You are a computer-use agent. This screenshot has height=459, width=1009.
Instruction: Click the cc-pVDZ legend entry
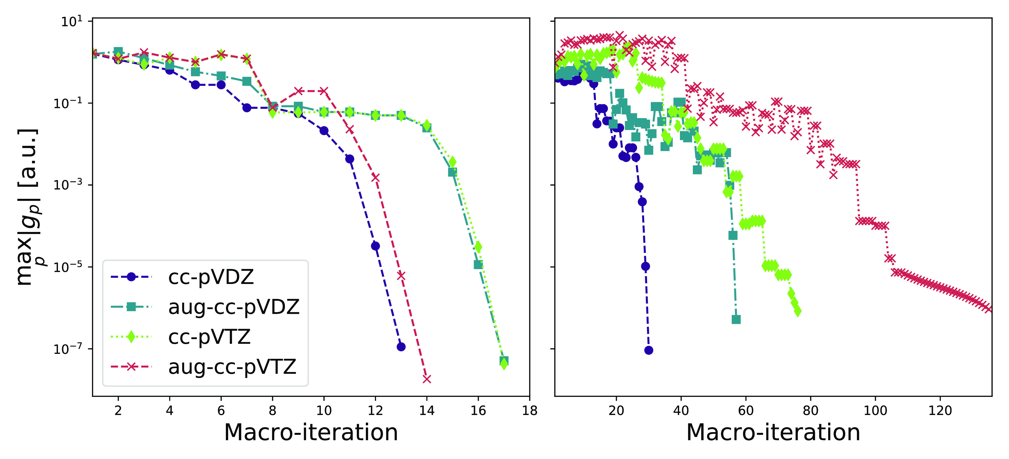(211, 277)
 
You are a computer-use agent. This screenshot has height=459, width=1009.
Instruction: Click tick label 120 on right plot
(940, 410)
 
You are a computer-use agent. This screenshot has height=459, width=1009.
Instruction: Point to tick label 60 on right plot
(746, 410)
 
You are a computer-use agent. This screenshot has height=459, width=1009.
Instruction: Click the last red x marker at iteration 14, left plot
(427, 379)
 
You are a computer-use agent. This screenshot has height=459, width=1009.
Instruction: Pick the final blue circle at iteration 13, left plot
(401, 346)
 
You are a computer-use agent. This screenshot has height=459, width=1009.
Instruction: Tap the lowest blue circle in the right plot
(649, 350)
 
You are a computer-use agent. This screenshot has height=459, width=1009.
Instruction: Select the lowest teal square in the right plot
(736, 320)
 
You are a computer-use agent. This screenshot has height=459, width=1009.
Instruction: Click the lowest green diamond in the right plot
(797, 311)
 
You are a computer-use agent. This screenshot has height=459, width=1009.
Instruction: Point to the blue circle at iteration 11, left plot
(350, 159)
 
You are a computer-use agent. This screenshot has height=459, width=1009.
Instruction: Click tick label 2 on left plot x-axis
(118, 410)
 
